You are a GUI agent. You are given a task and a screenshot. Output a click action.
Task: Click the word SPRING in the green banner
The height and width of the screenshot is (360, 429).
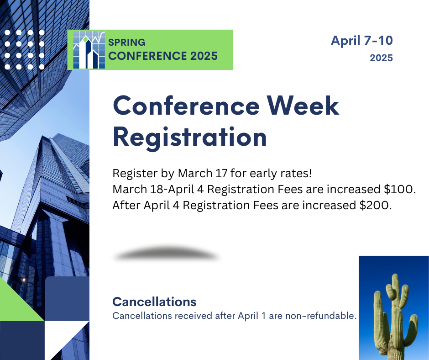tap(127, 42)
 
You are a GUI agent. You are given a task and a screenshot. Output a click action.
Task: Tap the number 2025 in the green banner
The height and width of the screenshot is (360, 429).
tap(204, 56)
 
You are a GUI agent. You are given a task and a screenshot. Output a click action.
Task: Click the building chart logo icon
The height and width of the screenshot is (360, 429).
tap(89, 50)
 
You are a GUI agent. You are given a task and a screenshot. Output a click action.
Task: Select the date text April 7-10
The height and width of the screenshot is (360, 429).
tap(362, 41)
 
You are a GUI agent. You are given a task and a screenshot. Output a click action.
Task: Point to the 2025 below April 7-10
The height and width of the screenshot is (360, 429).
tap(382, 58)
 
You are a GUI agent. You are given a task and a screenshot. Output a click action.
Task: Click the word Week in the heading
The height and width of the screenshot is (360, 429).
tap(303, 106)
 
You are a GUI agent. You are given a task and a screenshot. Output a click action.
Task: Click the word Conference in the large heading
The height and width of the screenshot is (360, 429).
tap(186, 106)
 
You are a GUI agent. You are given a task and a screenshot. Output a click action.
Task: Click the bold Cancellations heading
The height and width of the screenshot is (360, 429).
tap(154, 302)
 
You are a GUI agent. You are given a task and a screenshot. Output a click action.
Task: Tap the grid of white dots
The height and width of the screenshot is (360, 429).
tap(24, 50)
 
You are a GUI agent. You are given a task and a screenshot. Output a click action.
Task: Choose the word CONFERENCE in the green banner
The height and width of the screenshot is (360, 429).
tap(148, 56)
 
